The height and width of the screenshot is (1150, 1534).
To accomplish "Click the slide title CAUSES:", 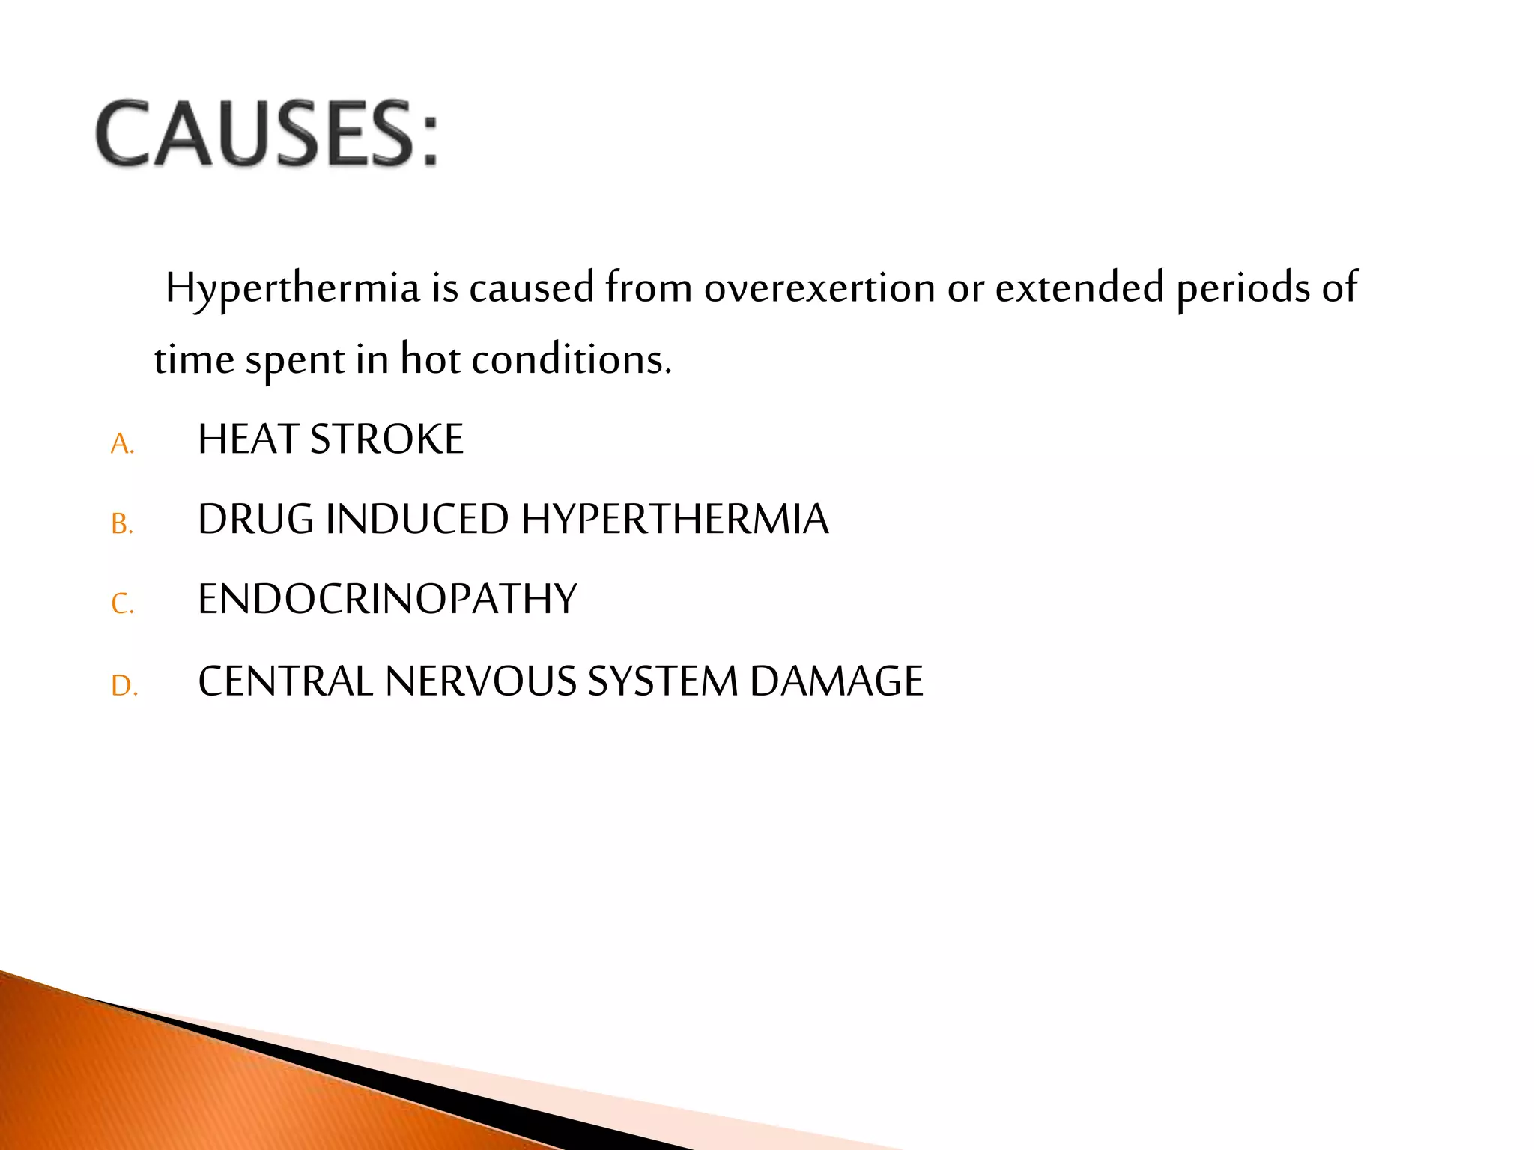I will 266,134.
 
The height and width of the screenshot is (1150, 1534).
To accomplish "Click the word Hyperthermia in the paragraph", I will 292,289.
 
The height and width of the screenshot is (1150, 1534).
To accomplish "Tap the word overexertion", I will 819,289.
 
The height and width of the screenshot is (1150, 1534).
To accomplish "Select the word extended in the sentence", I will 1079,289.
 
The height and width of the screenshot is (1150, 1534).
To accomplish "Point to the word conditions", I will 571,360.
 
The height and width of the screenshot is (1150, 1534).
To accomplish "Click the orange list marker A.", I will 122,445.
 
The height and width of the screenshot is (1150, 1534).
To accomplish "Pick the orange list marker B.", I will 122,524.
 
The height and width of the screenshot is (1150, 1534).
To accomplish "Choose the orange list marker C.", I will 122,603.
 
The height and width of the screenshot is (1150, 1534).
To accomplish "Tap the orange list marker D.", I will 124,686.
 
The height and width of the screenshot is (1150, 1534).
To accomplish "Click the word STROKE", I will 386,439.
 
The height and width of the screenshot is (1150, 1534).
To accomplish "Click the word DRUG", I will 255,520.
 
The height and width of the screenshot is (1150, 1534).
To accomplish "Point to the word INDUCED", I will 416,520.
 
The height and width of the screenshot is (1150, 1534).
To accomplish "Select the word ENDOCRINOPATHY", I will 387,600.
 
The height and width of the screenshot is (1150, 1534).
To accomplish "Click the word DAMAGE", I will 836,682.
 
